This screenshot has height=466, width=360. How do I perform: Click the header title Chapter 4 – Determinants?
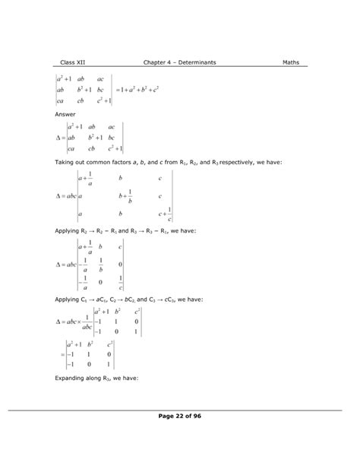[x=179, y=62]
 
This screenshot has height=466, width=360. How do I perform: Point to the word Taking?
[x=66, y=162]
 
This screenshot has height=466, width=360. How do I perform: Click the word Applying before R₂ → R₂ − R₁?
[x=70, y=229]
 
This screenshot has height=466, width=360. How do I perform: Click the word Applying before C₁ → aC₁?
[x=70, y=299]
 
